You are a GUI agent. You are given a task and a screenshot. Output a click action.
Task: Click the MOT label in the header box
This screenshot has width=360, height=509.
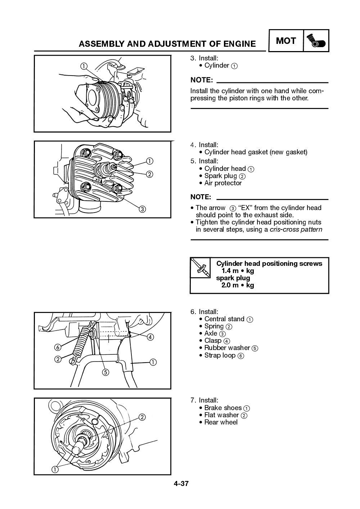(286, 41)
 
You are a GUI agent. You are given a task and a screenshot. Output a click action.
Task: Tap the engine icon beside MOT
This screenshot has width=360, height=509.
(316, 41)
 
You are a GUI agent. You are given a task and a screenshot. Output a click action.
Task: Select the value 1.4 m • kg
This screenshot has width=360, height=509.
(238, 271)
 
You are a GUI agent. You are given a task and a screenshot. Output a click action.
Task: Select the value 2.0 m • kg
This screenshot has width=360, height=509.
(238, 285)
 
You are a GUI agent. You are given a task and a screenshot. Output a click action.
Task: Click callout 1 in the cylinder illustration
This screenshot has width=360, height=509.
(84, 66)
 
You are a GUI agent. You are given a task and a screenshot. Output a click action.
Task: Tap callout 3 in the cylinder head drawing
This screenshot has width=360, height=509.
(142, 209)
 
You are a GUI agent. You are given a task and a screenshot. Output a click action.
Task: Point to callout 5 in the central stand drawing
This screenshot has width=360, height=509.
(105, 372)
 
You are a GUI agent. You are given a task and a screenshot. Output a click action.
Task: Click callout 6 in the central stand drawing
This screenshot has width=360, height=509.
(57, 347)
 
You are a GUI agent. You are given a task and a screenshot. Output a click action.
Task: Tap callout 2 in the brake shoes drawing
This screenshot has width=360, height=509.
(142, 417)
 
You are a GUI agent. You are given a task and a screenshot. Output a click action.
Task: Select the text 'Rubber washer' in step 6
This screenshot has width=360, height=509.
(227, 348)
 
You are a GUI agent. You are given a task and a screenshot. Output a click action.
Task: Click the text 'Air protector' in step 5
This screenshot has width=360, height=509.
(223, 183)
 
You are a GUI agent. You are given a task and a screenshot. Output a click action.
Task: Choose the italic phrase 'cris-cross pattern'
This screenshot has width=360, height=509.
(296, 229)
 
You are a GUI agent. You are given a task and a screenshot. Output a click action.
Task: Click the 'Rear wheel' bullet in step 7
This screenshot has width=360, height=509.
(221, 422)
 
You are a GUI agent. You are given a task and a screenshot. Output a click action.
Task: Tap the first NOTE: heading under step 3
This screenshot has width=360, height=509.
(201, 79)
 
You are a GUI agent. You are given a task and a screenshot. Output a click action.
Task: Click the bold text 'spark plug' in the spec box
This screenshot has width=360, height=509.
(233, 278)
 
